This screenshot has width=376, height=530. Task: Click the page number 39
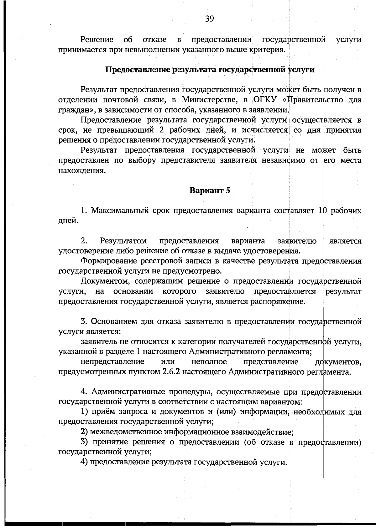coord(210,19)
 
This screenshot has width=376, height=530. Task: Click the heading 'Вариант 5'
coord(210,190)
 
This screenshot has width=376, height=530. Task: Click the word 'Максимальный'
coord(120,210)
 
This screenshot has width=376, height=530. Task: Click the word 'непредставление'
coord(112,362)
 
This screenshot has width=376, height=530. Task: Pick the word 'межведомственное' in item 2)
coord(126,432)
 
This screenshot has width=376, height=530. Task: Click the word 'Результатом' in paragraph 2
coord(123,241)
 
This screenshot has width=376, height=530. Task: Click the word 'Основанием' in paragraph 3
coord(114,321)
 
